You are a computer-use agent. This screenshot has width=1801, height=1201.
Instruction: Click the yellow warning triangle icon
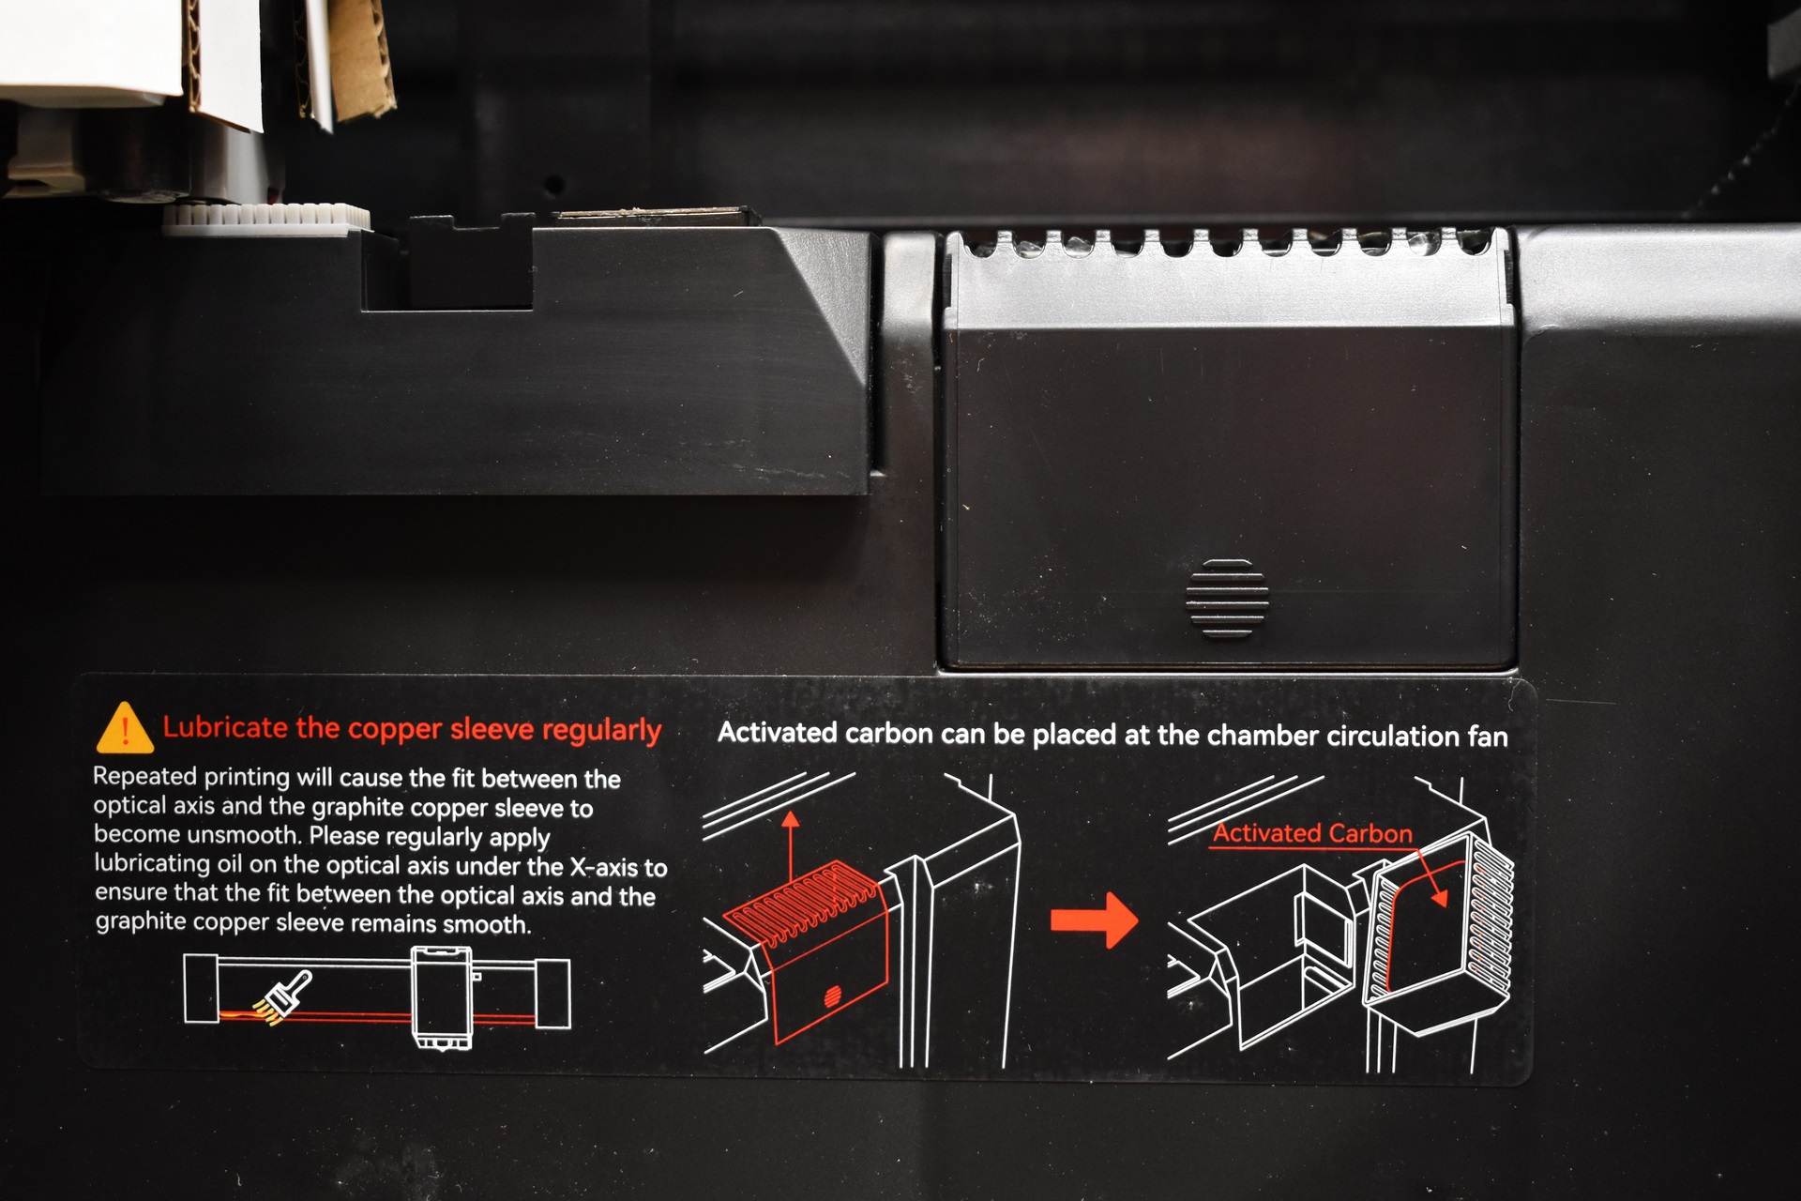click(x=125, y=728)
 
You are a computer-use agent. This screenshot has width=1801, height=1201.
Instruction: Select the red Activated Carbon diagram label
click(x=1312, y=833)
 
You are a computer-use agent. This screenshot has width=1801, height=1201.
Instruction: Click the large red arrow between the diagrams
click(x=1094, y=920)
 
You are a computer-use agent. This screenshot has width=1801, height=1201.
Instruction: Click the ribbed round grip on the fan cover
click(x=1227, y=599)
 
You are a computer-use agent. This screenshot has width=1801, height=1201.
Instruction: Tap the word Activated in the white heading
click(x=777, y=733)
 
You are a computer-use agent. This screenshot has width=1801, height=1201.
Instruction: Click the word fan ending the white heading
click(x=1488, y=737)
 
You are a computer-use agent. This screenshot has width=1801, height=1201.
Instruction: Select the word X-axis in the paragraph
click(x=605, y=867)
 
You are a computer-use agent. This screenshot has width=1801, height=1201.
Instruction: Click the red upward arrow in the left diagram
click(x=791, y=847)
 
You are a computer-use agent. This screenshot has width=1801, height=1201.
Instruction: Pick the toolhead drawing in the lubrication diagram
click(x=442, y=997)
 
